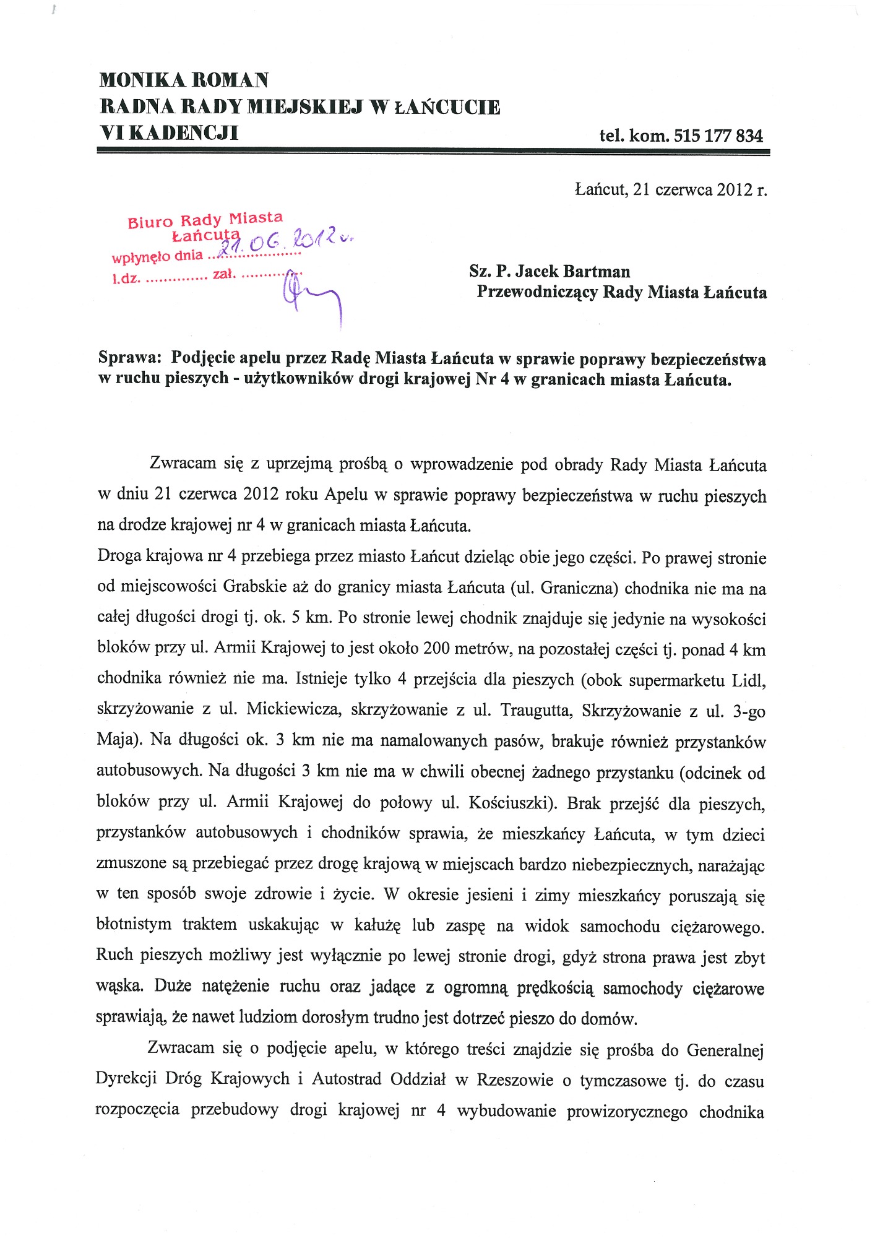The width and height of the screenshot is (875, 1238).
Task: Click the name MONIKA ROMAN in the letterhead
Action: click(184, 80)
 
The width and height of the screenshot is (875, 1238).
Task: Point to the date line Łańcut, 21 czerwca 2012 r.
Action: click(671, 189)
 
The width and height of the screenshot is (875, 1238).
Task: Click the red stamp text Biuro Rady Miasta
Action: click(205, 220)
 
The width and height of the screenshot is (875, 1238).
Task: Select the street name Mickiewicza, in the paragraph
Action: click(293, 709)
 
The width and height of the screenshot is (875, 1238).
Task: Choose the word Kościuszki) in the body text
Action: click(512, 802)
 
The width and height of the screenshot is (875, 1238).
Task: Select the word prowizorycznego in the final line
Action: click(626, 1111)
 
